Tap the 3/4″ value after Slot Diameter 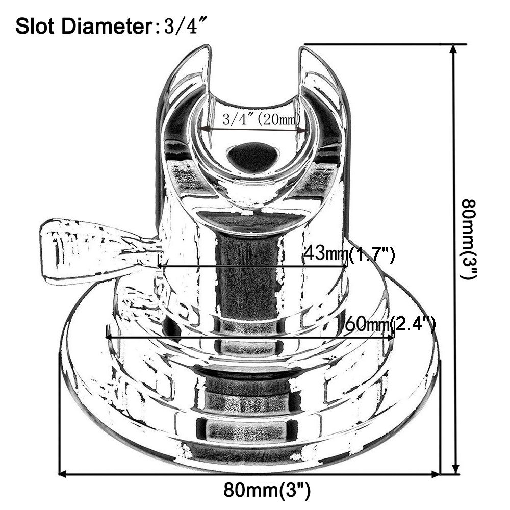coord(182,26)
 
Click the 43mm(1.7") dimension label coord(349,253)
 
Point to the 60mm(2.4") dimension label coord(390,323)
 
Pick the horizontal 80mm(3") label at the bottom coord(267,491)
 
